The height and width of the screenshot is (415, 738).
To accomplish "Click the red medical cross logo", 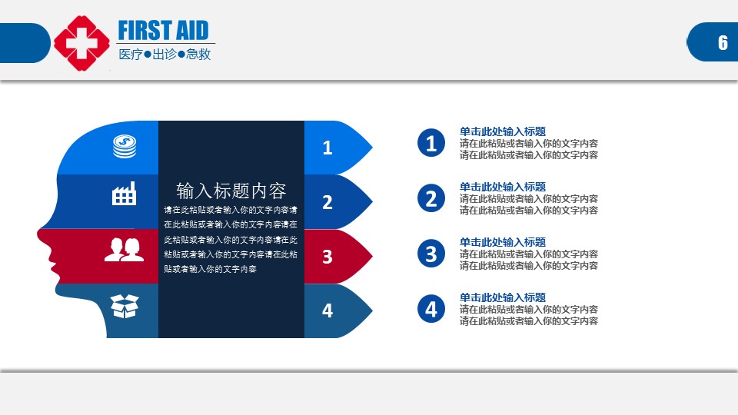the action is point(82,43).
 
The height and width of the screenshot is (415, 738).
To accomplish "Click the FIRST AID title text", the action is point(163,31).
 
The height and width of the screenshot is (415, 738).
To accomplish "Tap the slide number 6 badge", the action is point(712,41).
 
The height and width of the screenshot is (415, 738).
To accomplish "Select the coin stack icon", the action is point(125,146).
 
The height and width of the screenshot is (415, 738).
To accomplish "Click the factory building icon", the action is point(125,194).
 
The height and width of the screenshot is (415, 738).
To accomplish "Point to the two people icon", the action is point(125,249).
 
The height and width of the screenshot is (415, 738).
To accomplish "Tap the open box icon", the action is point(125,307).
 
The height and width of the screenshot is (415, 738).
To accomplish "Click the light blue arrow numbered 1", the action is point(338,148).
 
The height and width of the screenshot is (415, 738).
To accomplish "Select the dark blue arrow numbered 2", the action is point(338,202).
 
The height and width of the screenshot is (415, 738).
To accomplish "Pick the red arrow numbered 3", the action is point(338,257).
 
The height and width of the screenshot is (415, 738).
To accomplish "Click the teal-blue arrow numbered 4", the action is point(338,310).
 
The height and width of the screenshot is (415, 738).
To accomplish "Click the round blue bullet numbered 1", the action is point(431,143).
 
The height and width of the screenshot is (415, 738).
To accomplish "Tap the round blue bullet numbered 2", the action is point(431,198).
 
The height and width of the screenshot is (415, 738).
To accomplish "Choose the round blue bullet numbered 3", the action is point(431,254).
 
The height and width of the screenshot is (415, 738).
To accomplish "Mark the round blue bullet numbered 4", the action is point(431,309).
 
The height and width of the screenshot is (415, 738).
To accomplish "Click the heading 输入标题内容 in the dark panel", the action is point(231,191).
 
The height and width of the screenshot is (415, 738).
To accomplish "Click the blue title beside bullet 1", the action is point(503,131).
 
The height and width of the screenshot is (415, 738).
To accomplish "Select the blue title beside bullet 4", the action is point(503,297).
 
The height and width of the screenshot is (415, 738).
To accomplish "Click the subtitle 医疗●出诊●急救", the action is point(165,55).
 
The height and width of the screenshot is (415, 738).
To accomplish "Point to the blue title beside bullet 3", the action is point(503,242).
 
